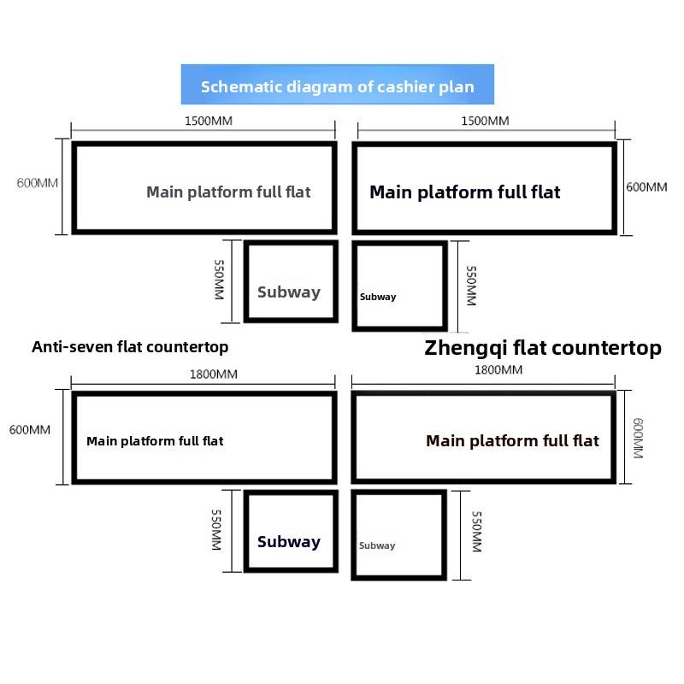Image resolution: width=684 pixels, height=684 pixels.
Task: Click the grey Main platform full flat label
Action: click(x=228, y=192)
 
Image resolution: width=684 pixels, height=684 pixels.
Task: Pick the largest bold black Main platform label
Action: click(x=464, y=192)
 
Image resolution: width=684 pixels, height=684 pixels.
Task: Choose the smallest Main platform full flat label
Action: click(x=155, y=441)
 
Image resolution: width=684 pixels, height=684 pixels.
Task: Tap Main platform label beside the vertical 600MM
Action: click(x=512, y=441)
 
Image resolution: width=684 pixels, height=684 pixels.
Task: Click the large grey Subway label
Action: click(x=288, y=292)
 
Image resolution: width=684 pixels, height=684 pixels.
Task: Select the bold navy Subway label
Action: click(x=288, y=542)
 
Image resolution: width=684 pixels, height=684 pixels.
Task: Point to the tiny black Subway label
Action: click(x=378, y=298)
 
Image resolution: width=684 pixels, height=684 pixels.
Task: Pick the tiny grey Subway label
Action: click(x=377, y=545)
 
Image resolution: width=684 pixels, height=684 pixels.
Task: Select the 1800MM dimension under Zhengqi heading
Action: click(x=498, y=369)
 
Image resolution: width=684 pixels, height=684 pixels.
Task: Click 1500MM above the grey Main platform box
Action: click(x=208, y=121)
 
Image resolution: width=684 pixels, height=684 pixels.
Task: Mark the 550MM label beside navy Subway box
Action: click(x=217, y=530)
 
